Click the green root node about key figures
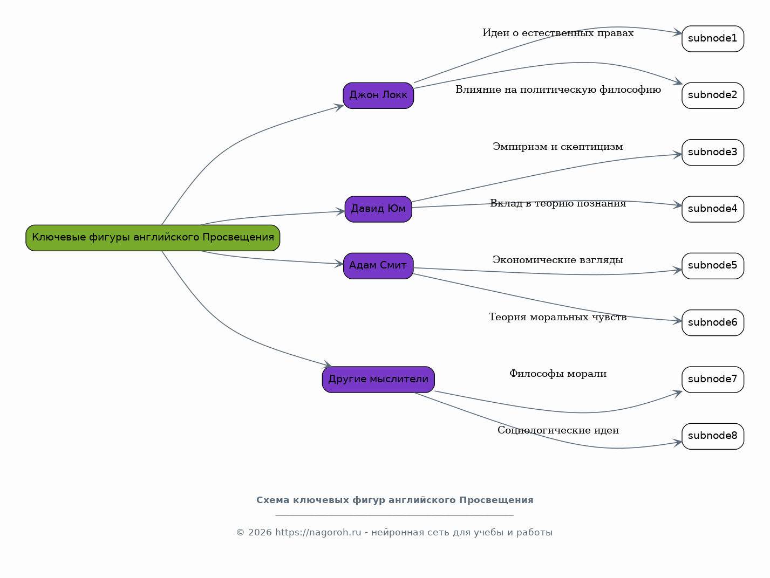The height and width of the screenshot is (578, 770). (153, 238)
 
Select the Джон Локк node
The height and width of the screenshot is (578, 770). (378, 95)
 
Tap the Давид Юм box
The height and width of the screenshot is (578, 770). (378, 209)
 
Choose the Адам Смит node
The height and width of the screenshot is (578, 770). (378, 266)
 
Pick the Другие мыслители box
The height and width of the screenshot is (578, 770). (378, 380)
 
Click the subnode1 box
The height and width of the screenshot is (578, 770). (712, 39)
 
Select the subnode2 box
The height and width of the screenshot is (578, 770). (712, 95)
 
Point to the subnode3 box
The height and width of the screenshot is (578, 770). (712, 153)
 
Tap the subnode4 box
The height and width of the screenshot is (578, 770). (712, 209)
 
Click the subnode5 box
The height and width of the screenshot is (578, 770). (712, 266)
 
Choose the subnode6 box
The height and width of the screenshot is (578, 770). (712, 323)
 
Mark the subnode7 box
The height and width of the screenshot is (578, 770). (712, 380)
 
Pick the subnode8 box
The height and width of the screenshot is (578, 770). (712, 436)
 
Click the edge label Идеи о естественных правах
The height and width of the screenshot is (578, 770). (558, 33)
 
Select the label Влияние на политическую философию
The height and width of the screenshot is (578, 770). (558, 90)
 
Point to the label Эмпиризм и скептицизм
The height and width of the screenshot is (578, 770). (558, 147)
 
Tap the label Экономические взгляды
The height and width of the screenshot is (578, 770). (558, 260)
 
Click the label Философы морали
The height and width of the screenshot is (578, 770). (558, 374)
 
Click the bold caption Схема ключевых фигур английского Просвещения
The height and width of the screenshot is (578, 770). (394, 500)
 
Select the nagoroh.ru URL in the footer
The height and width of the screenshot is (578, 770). (318, 532)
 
